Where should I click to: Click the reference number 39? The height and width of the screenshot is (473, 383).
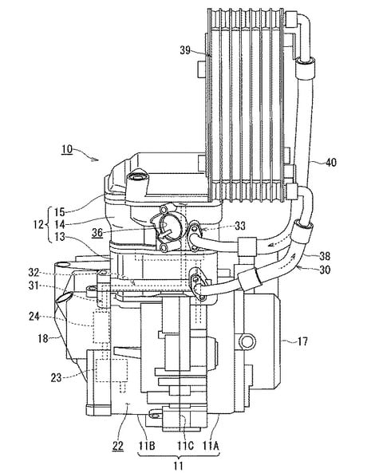185,50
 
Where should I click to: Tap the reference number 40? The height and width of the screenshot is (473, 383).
331,163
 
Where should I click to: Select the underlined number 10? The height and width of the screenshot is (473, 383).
67,150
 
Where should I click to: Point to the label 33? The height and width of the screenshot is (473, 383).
240,226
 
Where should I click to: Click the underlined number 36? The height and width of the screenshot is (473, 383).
97,233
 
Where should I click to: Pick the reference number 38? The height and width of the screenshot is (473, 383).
325,256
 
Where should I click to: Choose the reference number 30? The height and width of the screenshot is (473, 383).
325,270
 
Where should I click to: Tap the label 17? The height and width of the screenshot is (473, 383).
302,341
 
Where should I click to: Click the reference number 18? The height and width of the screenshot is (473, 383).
43,338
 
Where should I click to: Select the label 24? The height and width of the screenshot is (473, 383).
34,317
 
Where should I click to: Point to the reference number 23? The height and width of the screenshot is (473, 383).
56,377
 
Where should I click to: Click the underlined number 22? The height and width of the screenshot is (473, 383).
118,446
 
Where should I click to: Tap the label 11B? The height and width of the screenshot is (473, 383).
147,446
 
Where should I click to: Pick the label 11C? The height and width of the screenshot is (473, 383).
185,446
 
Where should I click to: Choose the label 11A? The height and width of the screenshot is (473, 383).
211,446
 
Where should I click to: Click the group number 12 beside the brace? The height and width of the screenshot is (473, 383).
38,224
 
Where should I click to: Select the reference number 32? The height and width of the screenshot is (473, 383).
34,273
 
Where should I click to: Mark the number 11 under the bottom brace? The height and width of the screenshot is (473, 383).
179,466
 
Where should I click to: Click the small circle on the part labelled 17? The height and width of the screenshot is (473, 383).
247,341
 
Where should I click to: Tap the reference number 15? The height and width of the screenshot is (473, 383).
60,211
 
